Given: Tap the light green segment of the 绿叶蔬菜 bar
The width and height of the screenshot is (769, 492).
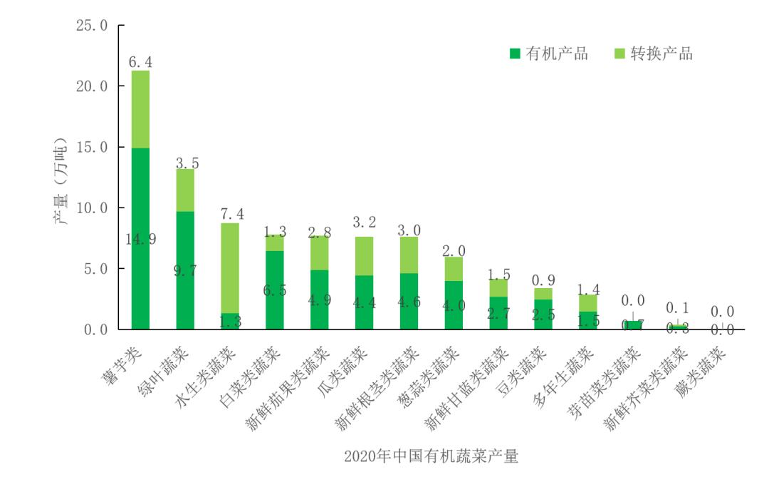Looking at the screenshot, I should tap(185, 190).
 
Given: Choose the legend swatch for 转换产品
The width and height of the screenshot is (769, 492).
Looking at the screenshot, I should tap(618, 53).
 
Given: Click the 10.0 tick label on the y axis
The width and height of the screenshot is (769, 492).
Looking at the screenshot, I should tap(91, 208).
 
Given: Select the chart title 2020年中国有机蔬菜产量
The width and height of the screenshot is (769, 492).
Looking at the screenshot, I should tap(431, 456).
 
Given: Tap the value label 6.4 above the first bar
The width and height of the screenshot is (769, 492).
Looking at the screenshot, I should tap(140, 62).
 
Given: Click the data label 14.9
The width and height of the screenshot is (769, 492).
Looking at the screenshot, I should tap(140, 240).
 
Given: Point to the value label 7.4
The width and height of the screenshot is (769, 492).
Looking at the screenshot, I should tap(230, 214).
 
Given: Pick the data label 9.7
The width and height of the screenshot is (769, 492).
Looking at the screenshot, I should tap(185, 270).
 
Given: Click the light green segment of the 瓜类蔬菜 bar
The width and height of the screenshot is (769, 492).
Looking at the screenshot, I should tap(365, 255).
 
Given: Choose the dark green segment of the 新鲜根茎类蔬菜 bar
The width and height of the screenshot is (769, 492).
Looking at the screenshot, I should tap(409, 301).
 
